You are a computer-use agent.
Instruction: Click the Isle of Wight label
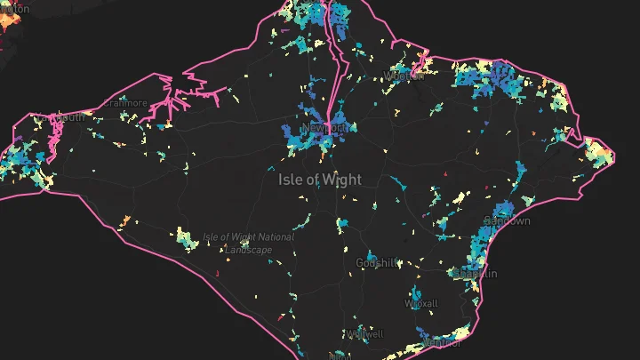coord(320,180)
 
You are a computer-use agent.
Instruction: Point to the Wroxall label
coord(421,303)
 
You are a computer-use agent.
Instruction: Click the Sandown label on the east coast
coord(507,220)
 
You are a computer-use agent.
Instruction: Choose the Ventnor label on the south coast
coord(441,342)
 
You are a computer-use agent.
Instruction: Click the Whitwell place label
coord(366,334)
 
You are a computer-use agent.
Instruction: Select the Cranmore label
coord(124,103)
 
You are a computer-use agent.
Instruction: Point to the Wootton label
coord(404,76)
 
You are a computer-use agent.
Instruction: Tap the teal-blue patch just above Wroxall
coord(418,291)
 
